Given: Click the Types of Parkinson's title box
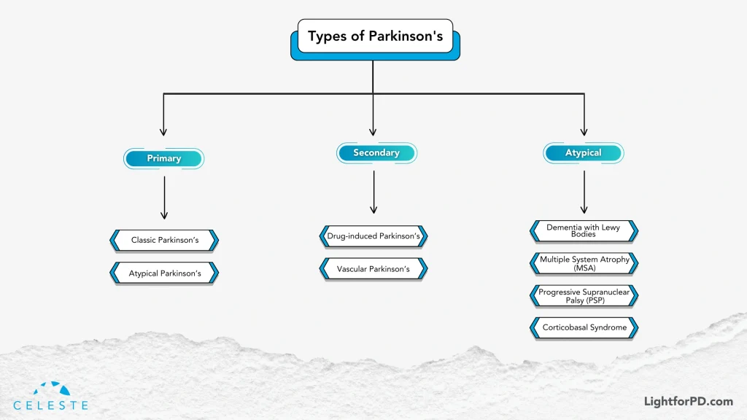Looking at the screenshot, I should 375,36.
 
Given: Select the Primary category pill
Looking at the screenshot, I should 163,158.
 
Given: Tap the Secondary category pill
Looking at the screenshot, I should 376,152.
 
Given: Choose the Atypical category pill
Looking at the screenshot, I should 583,152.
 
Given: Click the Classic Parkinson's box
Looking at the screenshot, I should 164,240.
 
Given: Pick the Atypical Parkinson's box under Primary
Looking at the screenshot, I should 164,273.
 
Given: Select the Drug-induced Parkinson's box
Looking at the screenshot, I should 373,236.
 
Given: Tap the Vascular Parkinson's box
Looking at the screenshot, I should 373,269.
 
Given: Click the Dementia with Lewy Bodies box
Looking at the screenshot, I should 584,230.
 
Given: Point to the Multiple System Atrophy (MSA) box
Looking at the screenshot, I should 584,263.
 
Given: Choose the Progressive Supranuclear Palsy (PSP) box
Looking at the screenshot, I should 584,295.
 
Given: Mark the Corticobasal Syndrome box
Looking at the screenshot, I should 584,327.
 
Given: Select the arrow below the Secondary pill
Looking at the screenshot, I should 373,192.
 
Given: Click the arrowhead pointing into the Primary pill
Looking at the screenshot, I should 163,132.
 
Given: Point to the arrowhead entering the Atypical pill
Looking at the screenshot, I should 584,132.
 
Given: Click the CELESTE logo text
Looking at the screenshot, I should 50,405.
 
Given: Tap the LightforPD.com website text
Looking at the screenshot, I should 688,401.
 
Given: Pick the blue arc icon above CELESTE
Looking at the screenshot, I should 50,389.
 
